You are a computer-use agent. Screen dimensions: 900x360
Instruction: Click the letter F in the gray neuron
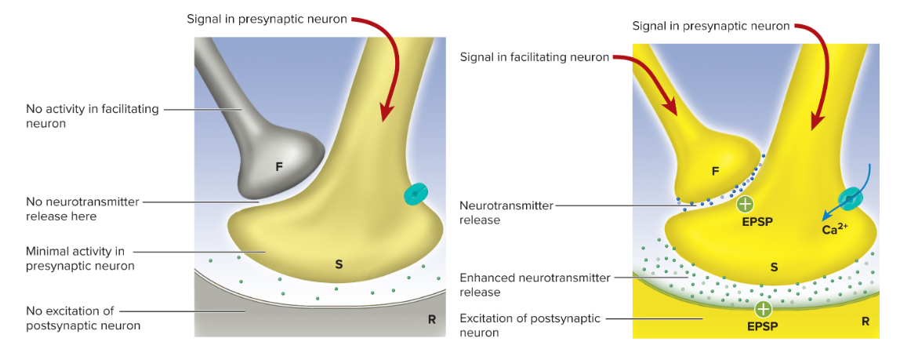tap(279, 168)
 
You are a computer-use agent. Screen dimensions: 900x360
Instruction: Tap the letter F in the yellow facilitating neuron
tap(715, 170)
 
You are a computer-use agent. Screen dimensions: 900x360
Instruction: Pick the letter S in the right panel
tap(775, 267)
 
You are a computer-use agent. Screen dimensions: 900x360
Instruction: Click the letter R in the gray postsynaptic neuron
tap(431, 320)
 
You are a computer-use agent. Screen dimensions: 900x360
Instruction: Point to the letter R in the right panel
tap(865, 322)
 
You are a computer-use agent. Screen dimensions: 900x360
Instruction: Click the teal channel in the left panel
tap(416, 194)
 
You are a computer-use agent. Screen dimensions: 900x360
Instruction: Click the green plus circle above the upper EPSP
tap(745, 204)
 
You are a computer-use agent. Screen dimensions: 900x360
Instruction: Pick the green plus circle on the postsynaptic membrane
tap(763, 310)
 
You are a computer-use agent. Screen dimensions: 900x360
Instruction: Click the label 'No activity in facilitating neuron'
tap(91, 116)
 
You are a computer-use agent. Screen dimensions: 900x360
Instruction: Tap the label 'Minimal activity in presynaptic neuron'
tap(80, 258)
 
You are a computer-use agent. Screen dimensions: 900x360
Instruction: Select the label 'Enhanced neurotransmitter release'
tap(535, 285)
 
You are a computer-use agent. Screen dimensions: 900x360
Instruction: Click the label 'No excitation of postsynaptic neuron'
tap(84, 318)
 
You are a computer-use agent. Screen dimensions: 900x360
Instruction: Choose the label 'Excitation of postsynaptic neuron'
tap(530, 325)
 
